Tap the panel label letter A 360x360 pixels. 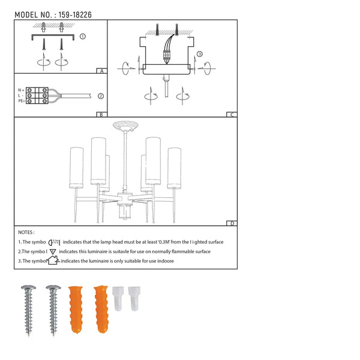pos(101,71)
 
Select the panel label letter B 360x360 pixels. pos(101,114)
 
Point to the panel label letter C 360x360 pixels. pos(231,114)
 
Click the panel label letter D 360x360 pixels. pos(231,224)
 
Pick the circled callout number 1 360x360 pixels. pos(82,36)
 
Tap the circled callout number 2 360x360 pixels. pos(101,95)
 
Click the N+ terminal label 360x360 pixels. pos(21,90)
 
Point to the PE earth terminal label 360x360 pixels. pos(21,101)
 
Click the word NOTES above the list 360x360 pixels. pos(26,232)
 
